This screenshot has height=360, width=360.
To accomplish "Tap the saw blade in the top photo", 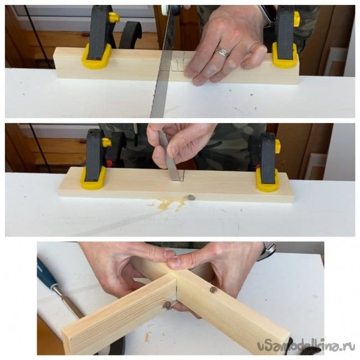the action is click(164, 62).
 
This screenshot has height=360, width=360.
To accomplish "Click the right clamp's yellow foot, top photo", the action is click(285, 56).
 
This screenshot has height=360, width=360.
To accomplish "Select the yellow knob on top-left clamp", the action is click(114, 18).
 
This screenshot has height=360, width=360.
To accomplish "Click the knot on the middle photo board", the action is click(190, 197).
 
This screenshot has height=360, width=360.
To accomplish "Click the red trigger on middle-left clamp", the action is click(110, 163).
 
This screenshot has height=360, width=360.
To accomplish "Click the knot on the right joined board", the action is click(213, 290).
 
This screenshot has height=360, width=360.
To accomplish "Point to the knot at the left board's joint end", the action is click(167, 305).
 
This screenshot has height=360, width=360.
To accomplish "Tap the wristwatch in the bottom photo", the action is click(268, 250).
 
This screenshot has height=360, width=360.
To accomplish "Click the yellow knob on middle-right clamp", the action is click(277, 146).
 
